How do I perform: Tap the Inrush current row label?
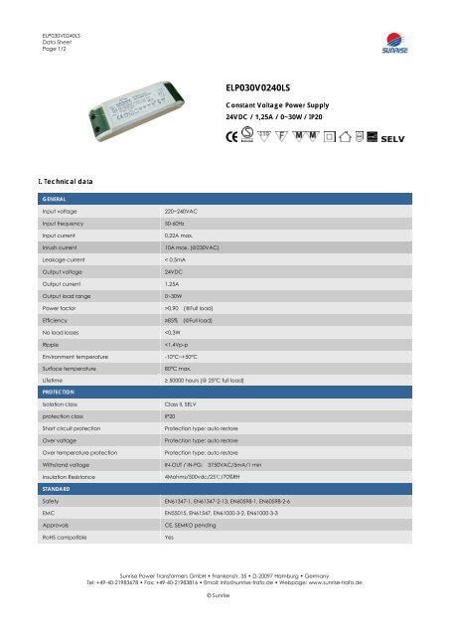coord(63,245)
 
